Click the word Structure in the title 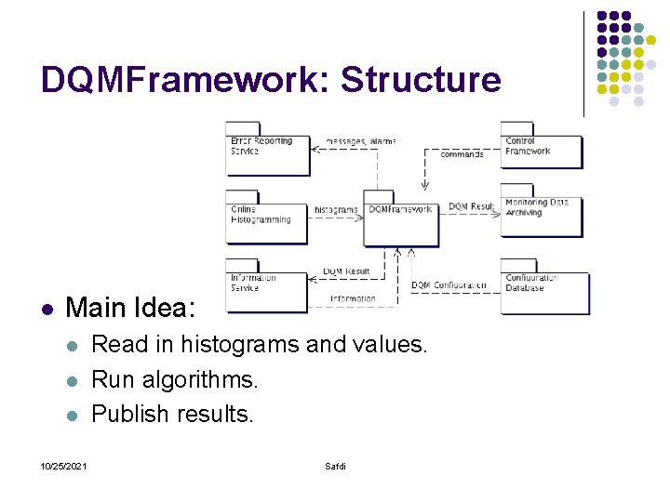pos(421,80)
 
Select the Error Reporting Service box pos(267,152)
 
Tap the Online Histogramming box pos(266,218)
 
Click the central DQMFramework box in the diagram pos(400,220)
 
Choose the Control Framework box pos(542,150)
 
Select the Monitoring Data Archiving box pos(542,215)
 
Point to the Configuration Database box pos(544,288)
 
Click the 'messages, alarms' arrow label pos(360,141)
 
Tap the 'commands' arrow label pos(462,154)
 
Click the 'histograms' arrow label pos(336,210)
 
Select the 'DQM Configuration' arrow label pos(449,285)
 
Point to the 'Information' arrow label pos(353,299)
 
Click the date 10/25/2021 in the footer pos(63,466)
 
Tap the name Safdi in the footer pos(335,466)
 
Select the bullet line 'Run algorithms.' pos(175,379)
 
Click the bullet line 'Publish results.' pos(172,414)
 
